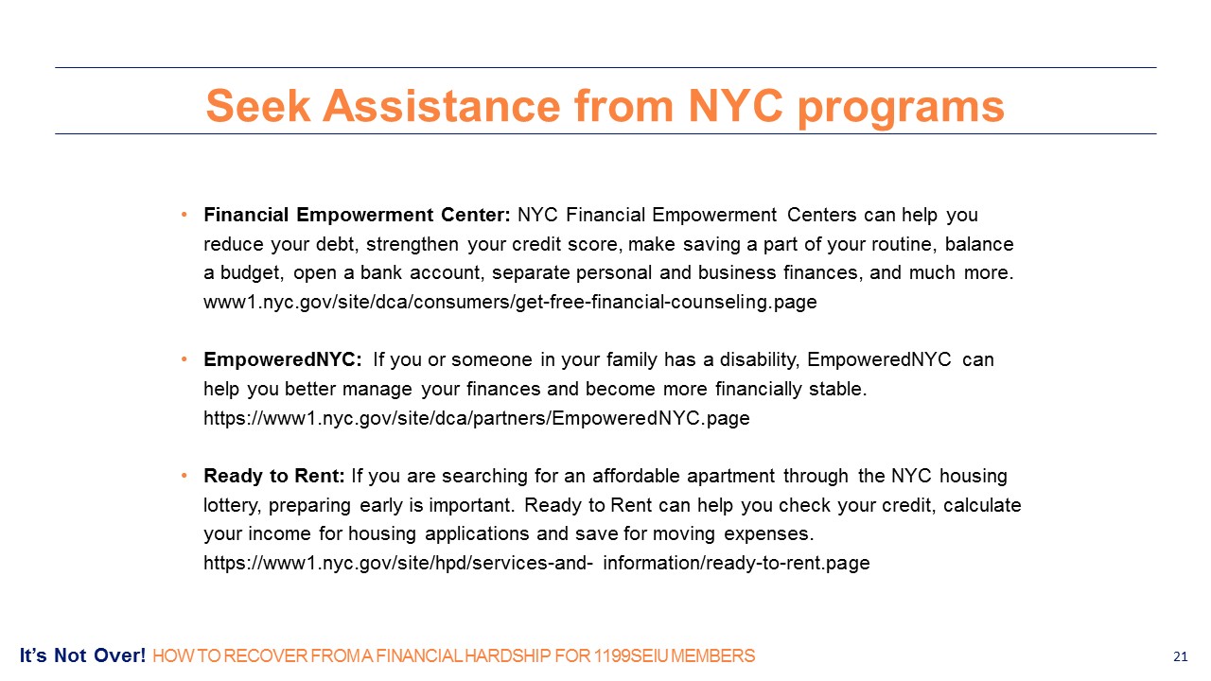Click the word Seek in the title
pos(258,105)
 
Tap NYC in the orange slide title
pos(735,105)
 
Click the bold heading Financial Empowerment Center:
pos(357,215)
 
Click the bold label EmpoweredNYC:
pos(283,360)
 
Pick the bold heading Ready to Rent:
pos(274,476)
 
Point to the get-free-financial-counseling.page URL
pos(510,302)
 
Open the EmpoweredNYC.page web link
pos(477,418)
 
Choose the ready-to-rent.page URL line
pos(536,563)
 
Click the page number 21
pos(1180,656)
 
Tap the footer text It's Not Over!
pos(82,655)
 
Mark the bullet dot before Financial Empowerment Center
pos(184,215)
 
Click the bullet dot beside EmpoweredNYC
pos(184,359)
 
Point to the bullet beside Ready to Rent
pos(184,476)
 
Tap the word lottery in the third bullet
pos(233,506)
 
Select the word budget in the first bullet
pos(252,273)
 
